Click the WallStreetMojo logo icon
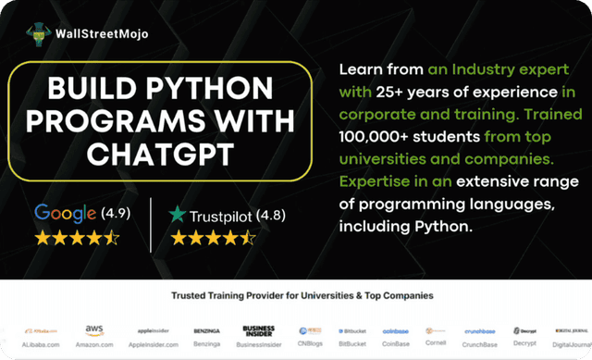point(38,33)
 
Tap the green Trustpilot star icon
point(177,215)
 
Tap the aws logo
point(94,329)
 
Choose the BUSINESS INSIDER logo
point(259,329)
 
